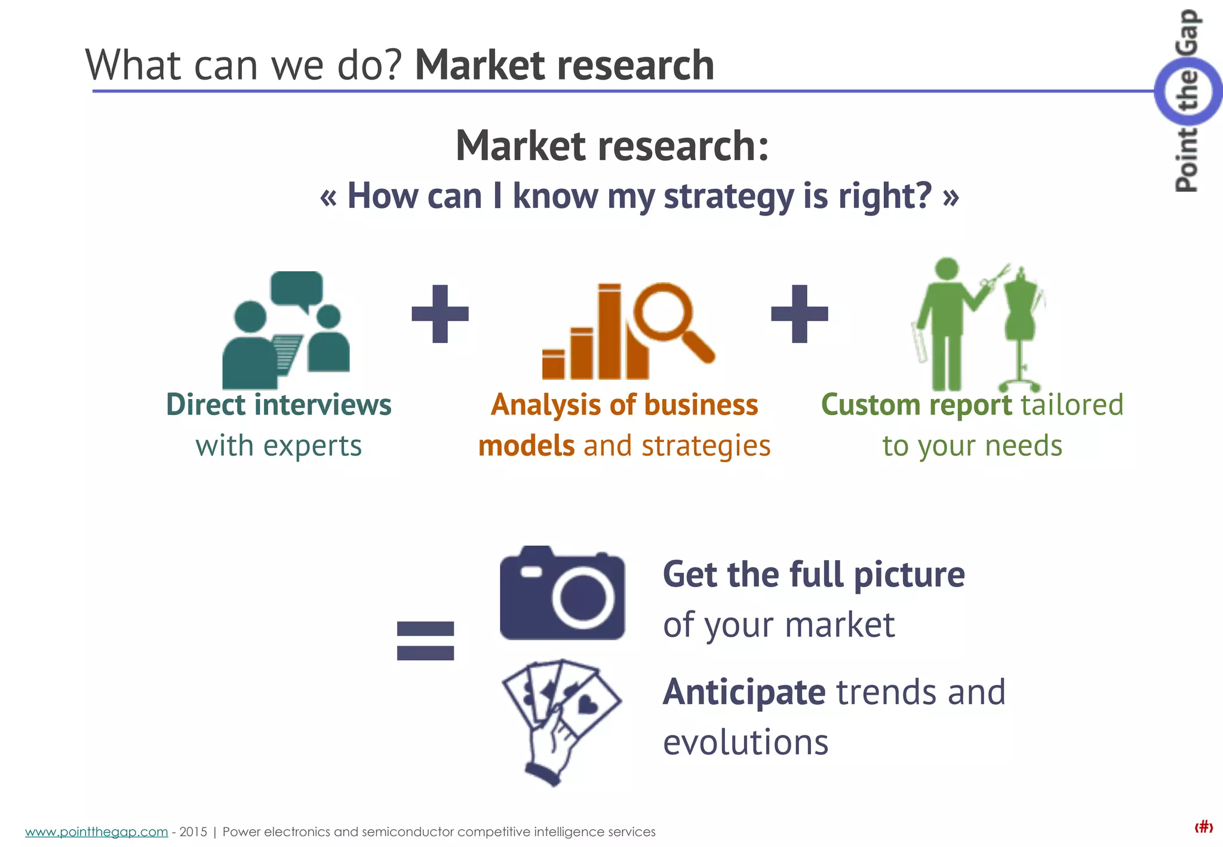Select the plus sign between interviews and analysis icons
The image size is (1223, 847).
point(440,314)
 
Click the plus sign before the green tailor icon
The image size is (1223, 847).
point(800,314)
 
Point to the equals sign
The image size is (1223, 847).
point(425,640)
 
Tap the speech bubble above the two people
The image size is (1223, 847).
point(297,289)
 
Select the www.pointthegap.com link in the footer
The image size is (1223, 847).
point(96,831)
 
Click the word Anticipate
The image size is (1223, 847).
point(744,692)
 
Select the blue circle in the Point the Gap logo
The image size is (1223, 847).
point(1187,91)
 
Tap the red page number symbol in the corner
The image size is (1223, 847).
point(1203,827)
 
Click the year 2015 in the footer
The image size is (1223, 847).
point(193,831)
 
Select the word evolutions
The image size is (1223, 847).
point(745,742)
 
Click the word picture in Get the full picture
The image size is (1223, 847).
point(909,575)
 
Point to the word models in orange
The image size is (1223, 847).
point(526,446)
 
